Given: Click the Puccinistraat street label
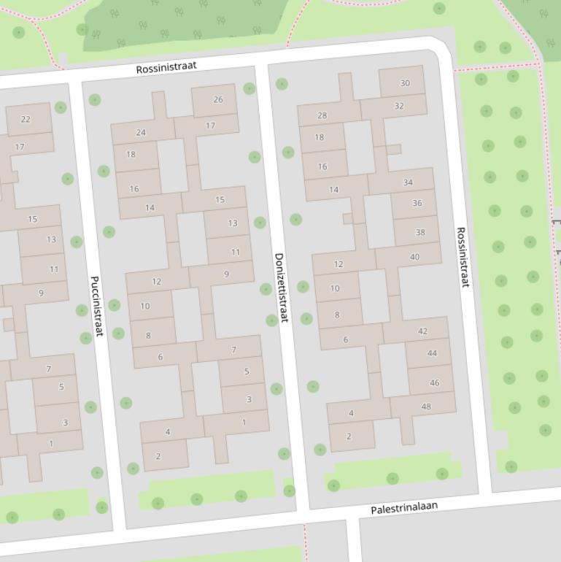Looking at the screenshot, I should [x=97, y=306].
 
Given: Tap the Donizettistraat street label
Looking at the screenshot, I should [x=282, y=288].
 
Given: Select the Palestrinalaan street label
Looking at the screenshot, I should [x=404, y=507].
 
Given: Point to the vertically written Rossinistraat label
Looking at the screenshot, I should [x=463, y=257].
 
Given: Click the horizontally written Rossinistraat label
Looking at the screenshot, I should [x=166, y=67].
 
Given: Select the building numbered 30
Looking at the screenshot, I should [x=403, y=82].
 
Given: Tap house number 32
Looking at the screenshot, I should [x=398, y=106].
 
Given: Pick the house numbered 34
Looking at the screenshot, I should [x=407, y=182].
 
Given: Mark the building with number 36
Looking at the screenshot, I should [x=416, y=204].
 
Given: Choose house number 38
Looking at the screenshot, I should [x=419, y=232].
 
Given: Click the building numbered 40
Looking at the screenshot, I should [x=414, y=257].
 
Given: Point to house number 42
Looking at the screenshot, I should [x=422, y=331].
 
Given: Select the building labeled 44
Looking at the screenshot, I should [x=431, y=353].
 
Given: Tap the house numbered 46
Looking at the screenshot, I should [x=434, y=382].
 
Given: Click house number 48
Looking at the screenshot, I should [x=425, y=407].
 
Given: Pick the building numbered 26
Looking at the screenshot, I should [x=217, y=100].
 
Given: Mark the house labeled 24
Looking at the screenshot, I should [x=141, y=132].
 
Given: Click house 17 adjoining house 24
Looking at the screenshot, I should [x=210, y=126].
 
